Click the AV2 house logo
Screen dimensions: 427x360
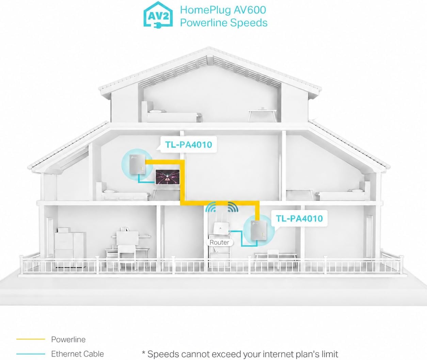tap(158, 15)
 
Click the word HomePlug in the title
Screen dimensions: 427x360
tap(205, 10)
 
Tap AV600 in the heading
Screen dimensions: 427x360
tap(250, 10)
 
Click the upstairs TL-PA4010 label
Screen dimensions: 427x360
tap(189, 145)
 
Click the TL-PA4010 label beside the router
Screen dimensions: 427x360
tap(299, 218)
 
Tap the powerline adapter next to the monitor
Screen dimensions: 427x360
tap(137, 165)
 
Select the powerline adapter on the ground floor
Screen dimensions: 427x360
tap(259, 230)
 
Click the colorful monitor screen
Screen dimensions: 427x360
tap(167, 177)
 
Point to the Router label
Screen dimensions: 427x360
tap(219, 243)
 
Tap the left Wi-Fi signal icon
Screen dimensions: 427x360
tap(211, 207)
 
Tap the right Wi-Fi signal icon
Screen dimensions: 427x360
tap(233, 207)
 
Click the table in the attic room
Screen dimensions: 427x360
tap(263, 115)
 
